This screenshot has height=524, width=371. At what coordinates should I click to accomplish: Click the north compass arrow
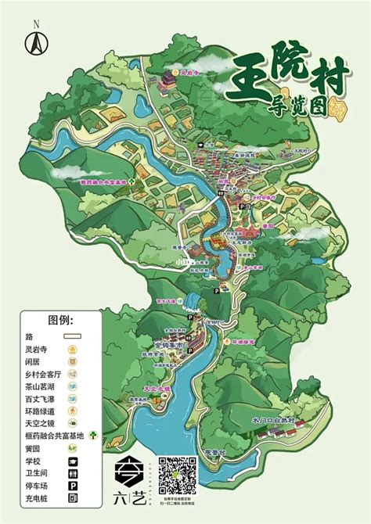pos(35,40)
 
